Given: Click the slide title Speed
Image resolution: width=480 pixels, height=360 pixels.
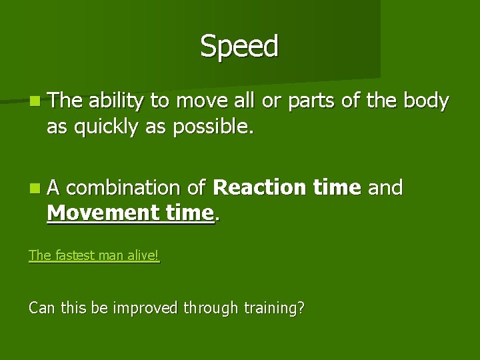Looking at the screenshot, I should click(x=239, y=47).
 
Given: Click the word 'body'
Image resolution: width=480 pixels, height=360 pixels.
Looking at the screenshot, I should click(x=427, y=101).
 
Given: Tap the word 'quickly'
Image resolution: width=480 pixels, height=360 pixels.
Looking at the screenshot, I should click(x=109, y=127).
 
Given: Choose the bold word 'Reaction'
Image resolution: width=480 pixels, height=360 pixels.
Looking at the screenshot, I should click(x=259, y=188).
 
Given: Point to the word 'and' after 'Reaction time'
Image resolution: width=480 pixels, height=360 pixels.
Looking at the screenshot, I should click(x=385, y=188).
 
